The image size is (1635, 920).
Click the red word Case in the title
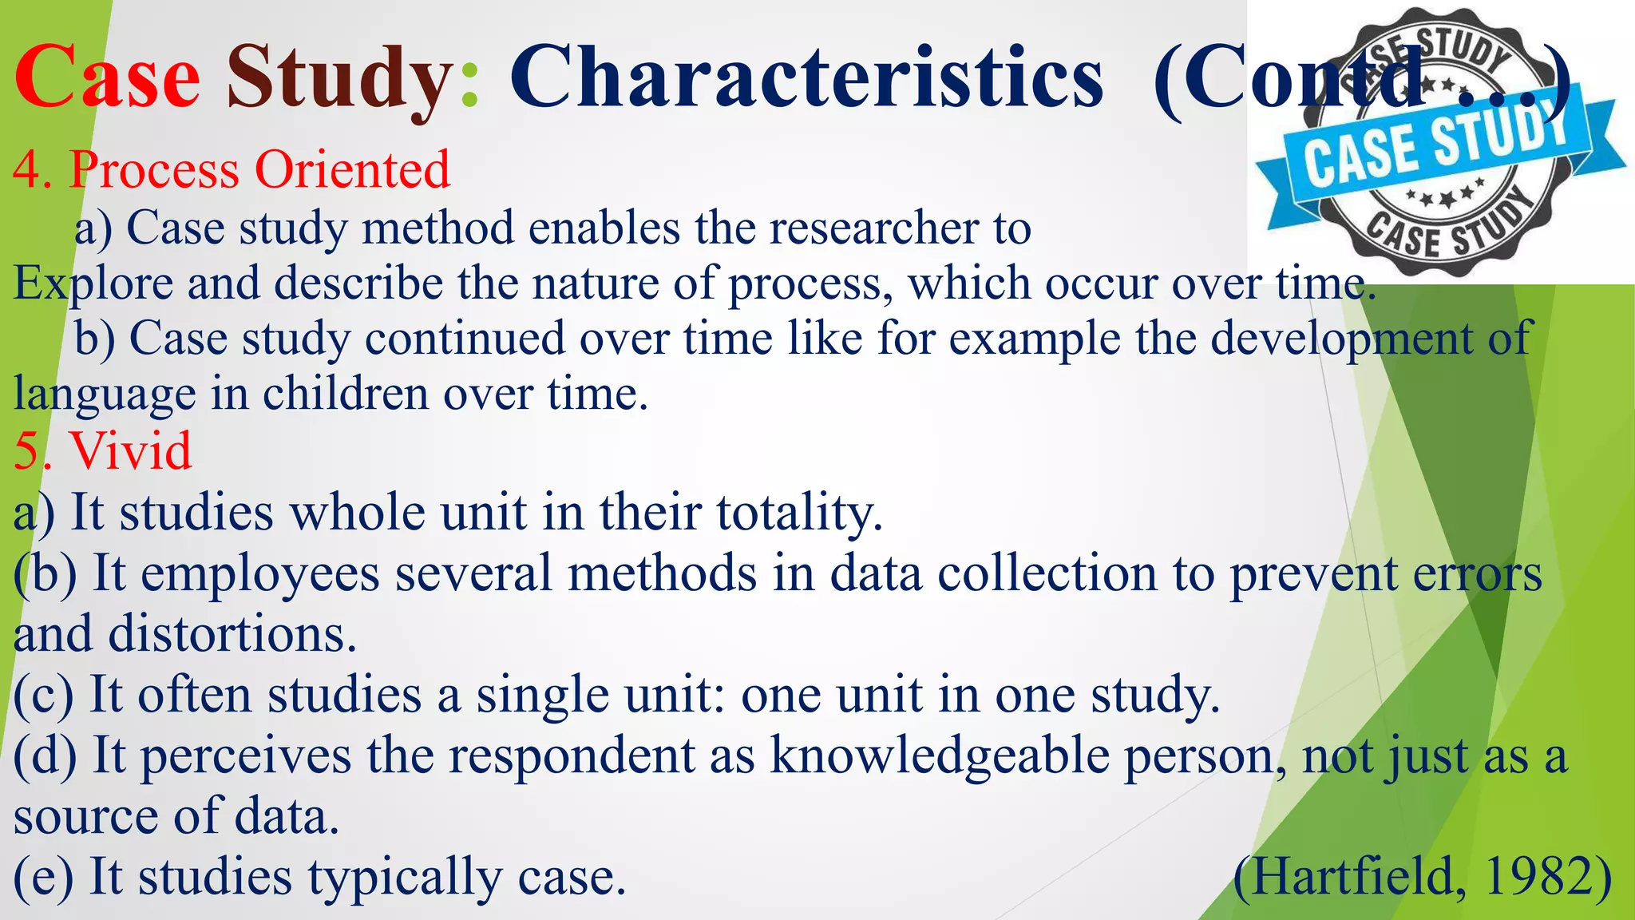(x=107, y=77)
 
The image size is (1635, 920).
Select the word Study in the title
(x=340, y=78)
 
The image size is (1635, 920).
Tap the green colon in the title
(x=469, y=80)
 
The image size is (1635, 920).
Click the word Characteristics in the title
(x=806, y=77)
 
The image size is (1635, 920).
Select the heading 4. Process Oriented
(x=232, y=170)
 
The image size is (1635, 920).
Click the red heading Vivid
(x=131, y=451)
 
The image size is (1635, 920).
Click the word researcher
(x=874, y=228)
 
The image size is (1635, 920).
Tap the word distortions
(x=232, y=635)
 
